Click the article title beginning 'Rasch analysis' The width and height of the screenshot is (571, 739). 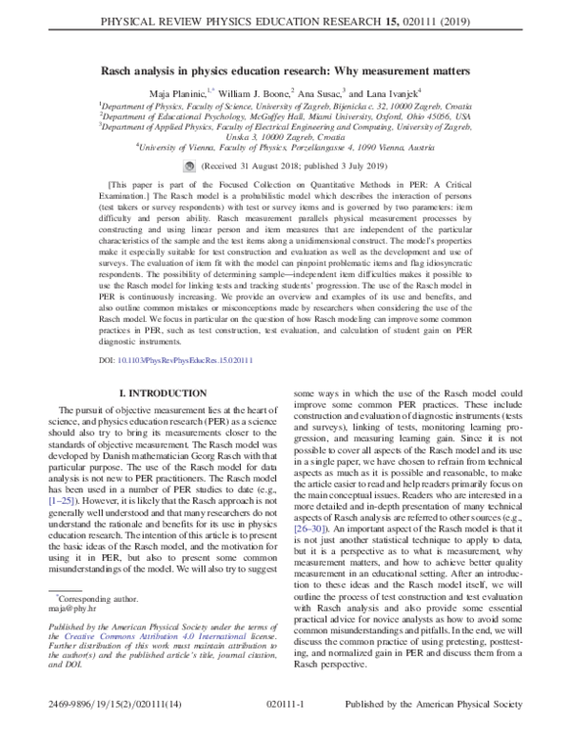tap(285, 71)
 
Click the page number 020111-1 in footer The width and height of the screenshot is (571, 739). tap(285, 724)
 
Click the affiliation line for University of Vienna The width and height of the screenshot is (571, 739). tap(285, 148)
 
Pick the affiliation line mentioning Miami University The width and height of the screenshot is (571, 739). tap(285, 116)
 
